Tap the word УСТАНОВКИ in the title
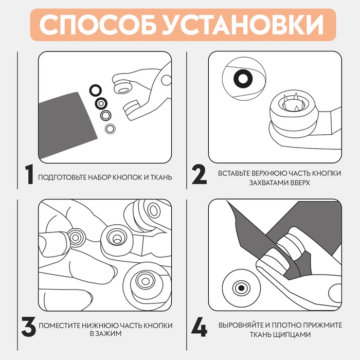pyautogui.click(x=243, y=25)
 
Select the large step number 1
pyautogui.click(x=29, y=174)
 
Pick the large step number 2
pyautogui.click(x=200, y=175)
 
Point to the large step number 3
pyautogui.click(x=29, y=327)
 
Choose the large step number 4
pyautogui.click(x=200, y=327)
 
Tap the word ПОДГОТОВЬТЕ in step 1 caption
pyautogui.click(x=62, y=177)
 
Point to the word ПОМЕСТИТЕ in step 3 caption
pyautogui.click(x=60, y=326)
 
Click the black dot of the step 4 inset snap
pyautogui.click(x=241, y=288)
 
